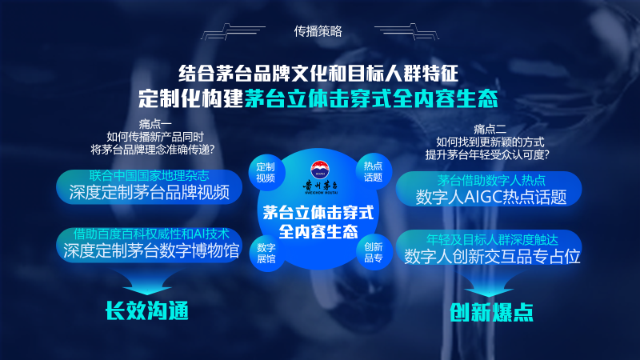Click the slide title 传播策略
(x=318, y=31)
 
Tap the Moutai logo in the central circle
(x=320, y=177)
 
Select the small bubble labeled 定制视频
(x=266, y=172)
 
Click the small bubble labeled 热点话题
(x=373, y=171)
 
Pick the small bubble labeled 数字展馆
(x=266, y=253)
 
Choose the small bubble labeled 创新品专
(x=374, y=252)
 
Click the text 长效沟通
(x=147, y=311)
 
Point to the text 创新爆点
(x=491, y=313)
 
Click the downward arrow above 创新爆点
(x=489, y=285)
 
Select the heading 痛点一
(x=155, y=124)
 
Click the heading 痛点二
(x=490, y=130)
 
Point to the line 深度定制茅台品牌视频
(x=150, y=193)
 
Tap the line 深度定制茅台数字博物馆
(x=151, y=250)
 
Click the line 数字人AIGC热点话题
(x=491, y=197)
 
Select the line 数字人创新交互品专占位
(x=492, y=256)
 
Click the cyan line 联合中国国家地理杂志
(x=149, y=176)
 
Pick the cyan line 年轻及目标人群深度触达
(x=492, y=239)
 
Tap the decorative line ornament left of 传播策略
(x=233, y=32)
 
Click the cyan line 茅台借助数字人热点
(x=491, y=181)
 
